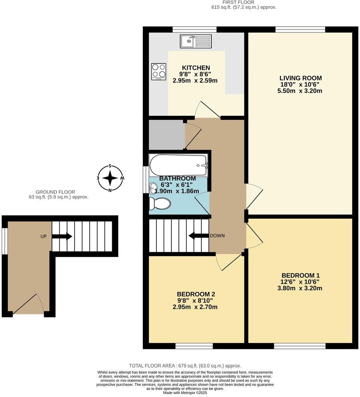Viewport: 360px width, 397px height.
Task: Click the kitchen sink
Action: tap(196, 41)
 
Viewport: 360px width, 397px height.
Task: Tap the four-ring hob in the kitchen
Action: tap(159, 72)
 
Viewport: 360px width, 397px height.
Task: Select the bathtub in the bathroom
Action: tap(179, 165)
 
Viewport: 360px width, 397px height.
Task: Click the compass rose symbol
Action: tap(110, 178)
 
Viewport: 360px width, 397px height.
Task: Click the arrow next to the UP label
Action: tap(62, 236)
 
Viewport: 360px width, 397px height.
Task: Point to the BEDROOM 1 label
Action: tap(301, 275)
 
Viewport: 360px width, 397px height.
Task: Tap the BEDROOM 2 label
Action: tap(196, 294)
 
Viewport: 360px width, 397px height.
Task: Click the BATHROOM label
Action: tap(178, 178)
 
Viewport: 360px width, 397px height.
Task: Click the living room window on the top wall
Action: tap(300, 29)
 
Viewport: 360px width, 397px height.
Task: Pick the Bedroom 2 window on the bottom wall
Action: tap(194, 345)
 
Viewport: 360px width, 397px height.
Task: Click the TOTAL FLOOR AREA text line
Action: tap(185, 366)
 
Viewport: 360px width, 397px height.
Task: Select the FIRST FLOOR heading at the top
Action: tap(249, 2)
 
